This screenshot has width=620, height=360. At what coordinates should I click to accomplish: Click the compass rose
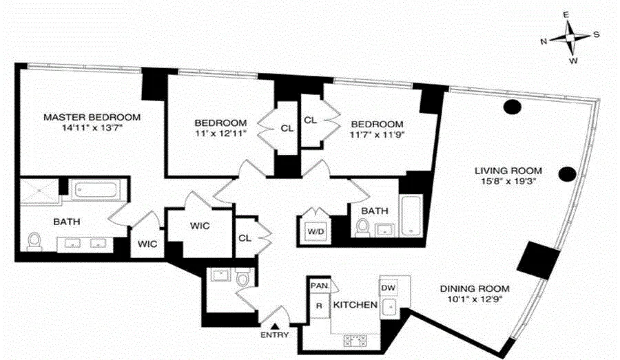point(570,39)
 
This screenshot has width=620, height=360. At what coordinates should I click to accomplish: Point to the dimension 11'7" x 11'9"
point(375,135)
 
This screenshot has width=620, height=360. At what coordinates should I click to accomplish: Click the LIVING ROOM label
point(508,171)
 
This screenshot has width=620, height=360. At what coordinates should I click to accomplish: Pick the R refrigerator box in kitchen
point(320,305)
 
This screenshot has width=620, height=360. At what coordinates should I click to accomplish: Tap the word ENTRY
point(275,335)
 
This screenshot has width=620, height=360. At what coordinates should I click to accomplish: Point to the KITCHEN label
point(355,305)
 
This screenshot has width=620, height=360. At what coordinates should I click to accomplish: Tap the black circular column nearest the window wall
point(511,107)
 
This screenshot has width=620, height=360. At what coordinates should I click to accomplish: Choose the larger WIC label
point(200,226)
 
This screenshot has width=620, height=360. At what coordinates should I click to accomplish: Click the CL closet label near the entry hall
point(245,237)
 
